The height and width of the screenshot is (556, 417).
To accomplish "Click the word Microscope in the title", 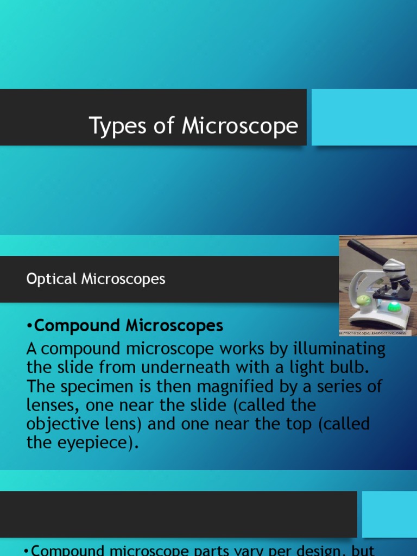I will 240,126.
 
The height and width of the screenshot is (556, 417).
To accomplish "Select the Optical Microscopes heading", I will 96,279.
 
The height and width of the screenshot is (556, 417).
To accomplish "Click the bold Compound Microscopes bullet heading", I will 129,326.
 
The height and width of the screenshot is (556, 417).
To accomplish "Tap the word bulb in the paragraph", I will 352,367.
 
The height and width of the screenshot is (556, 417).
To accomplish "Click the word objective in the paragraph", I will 61,424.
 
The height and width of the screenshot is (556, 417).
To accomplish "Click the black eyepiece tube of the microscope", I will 367,251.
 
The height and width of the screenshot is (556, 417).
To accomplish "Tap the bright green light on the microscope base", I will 394,307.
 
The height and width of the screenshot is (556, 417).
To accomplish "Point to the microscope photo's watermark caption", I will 375,332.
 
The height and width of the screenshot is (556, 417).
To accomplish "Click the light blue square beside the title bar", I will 364,117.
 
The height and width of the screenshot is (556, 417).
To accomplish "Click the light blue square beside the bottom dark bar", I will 389,514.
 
